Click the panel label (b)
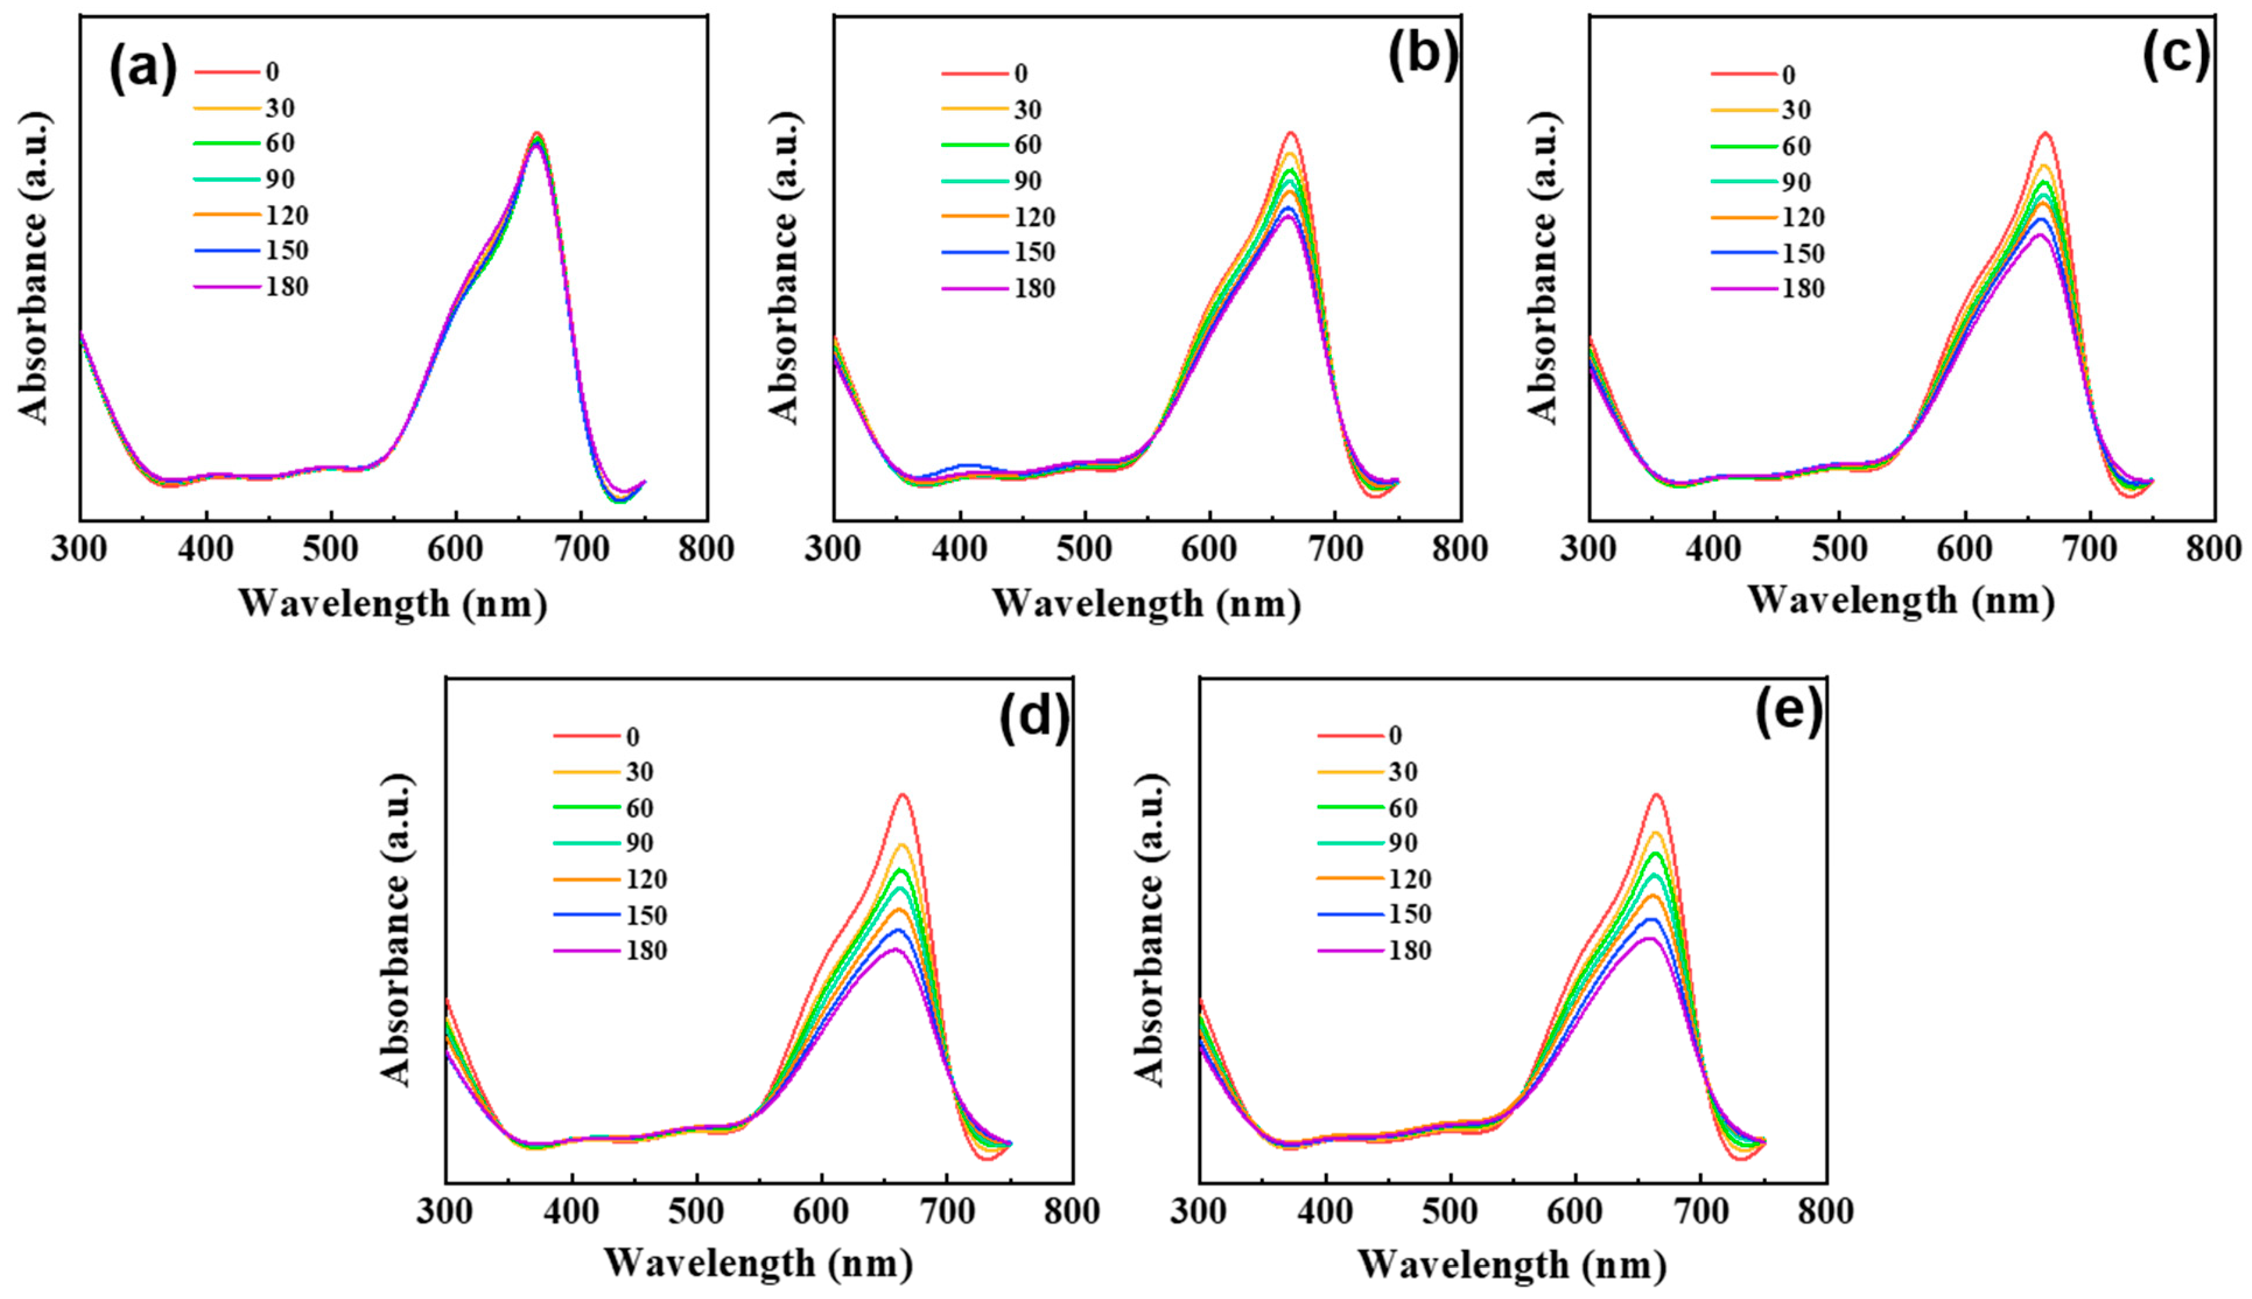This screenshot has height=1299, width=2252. tap(1423, 55)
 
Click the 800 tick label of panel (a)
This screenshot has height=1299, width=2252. tap(706, 549)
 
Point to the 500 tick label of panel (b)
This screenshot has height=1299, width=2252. tap(1085, 549)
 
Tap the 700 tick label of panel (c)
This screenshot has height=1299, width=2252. tap(2090, 549)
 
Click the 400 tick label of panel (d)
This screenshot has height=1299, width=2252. tap(571, 1212)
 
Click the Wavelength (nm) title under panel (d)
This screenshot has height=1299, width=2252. tap(758, 1263)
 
